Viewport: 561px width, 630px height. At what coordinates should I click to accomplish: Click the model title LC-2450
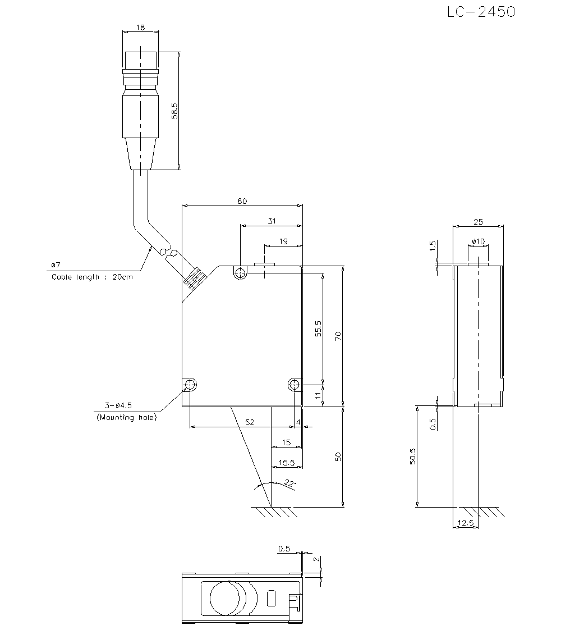pyautogui.click(x=481, y=12)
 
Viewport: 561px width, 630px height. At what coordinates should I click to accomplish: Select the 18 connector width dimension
pyautogui.click(x=140, y=26)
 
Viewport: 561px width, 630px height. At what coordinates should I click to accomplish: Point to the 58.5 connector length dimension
pyautogui.click(x=175, y=111)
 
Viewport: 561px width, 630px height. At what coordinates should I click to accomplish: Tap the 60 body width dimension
pyautogui.click(x=242, y=201)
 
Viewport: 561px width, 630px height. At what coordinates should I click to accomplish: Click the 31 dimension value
pyautogui.click(x=271, y=221)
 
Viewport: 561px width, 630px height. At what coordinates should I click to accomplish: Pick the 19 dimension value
pyautogui.click(x=283, y=241)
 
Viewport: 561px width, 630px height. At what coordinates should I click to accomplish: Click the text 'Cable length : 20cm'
pyautogui.click(x=92, y=277)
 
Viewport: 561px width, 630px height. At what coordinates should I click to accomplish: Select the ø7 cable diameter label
pyautogui.click(x=55, y=264)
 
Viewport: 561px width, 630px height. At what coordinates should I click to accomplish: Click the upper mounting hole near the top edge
pyautogui.click(x=241, y=273)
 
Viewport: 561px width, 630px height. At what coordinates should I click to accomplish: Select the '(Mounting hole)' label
pyautogui.click(x=126, y=417)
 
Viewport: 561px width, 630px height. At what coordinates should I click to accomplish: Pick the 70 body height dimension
pyautogui.click(x=338, y=336)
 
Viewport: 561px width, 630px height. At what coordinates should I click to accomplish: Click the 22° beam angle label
pyautogui.click(x=289, y=482)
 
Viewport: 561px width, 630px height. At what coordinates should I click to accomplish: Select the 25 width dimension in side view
pyautogui.click(x=477, y=222)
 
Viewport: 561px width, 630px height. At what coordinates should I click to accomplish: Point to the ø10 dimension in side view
pyautogui.click(x=478, y=241)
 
